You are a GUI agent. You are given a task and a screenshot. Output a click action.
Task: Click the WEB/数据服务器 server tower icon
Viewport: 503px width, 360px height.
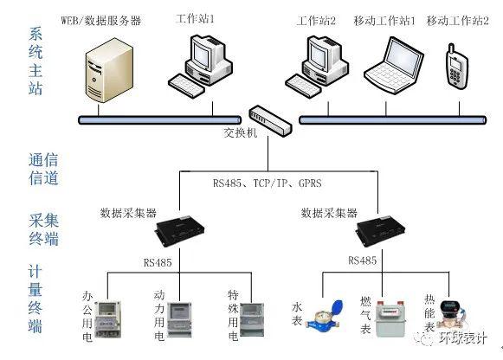109,70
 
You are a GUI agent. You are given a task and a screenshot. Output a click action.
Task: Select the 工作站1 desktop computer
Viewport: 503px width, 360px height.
201,66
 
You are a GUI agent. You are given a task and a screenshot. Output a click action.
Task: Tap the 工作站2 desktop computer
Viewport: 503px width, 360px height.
317,66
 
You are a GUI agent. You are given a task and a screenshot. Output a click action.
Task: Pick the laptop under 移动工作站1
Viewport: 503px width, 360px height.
394,65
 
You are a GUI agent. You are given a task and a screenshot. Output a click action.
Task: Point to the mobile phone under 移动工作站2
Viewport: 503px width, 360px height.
457,67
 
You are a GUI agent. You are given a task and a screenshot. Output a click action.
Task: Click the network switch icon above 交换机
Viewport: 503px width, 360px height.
270,121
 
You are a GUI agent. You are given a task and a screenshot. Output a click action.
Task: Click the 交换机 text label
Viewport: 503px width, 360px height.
241,132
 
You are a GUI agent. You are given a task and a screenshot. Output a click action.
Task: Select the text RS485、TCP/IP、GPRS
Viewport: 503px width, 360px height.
268,183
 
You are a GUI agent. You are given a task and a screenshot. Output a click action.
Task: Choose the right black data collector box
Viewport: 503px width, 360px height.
381,229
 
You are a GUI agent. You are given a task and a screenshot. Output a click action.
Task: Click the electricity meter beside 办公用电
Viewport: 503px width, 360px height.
109,319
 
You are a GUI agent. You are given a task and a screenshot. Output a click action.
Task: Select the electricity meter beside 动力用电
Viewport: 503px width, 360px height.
180,319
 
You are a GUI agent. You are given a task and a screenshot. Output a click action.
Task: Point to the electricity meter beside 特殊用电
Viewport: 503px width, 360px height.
252,319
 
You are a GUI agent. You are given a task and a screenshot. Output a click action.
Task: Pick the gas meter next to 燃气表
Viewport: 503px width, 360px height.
390,318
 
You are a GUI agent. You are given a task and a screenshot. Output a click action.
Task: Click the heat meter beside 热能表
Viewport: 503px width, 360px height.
452,315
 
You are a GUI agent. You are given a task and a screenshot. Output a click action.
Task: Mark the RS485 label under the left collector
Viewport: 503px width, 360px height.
158,263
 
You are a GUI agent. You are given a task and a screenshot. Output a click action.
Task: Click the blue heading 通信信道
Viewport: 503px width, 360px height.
43,169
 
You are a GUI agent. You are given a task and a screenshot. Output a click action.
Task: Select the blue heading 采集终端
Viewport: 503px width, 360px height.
43,229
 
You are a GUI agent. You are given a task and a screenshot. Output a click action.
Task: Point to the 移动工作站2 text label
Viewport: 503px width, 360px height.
458,21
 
